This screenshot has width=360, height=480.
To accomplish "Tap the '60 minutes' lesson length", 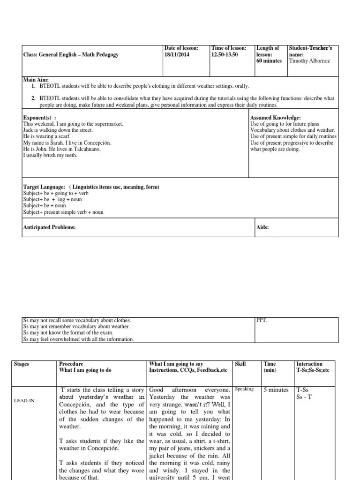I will [269, 61].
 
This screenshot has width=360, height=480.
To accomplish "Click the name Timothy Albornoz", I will [309, 61].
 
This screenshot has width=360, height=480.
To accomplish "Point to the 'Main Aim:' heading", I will [36, 80].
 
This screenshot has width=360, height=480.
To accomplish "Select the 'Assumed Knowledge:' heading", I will [276, 117].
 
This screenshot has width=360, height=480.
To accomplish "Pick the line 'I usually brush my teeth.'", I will [50, 155].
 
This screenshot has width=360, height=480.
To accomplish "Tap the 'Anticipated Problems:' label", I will [49, 227].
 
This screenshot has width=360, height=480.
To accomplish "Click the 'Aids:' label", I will [263, 227].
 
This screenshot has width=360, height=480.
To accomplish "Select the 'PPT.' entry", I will [262, 321].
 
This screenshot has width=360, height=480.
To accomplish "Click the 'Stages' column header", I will [22, 364].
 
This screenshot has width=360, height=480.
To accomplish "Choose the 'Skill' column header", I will [240, 364].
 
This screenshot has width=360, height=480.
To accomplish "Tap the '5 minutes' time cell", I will [276, 390].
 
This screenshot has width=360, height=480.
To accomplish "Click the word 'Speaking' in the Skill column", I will [244, 389].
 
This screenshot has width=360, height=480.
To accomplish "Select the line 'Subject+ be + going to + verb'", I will [56, 193].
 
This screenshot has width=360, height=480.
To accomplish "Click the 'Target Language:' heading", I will [44, 187].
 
